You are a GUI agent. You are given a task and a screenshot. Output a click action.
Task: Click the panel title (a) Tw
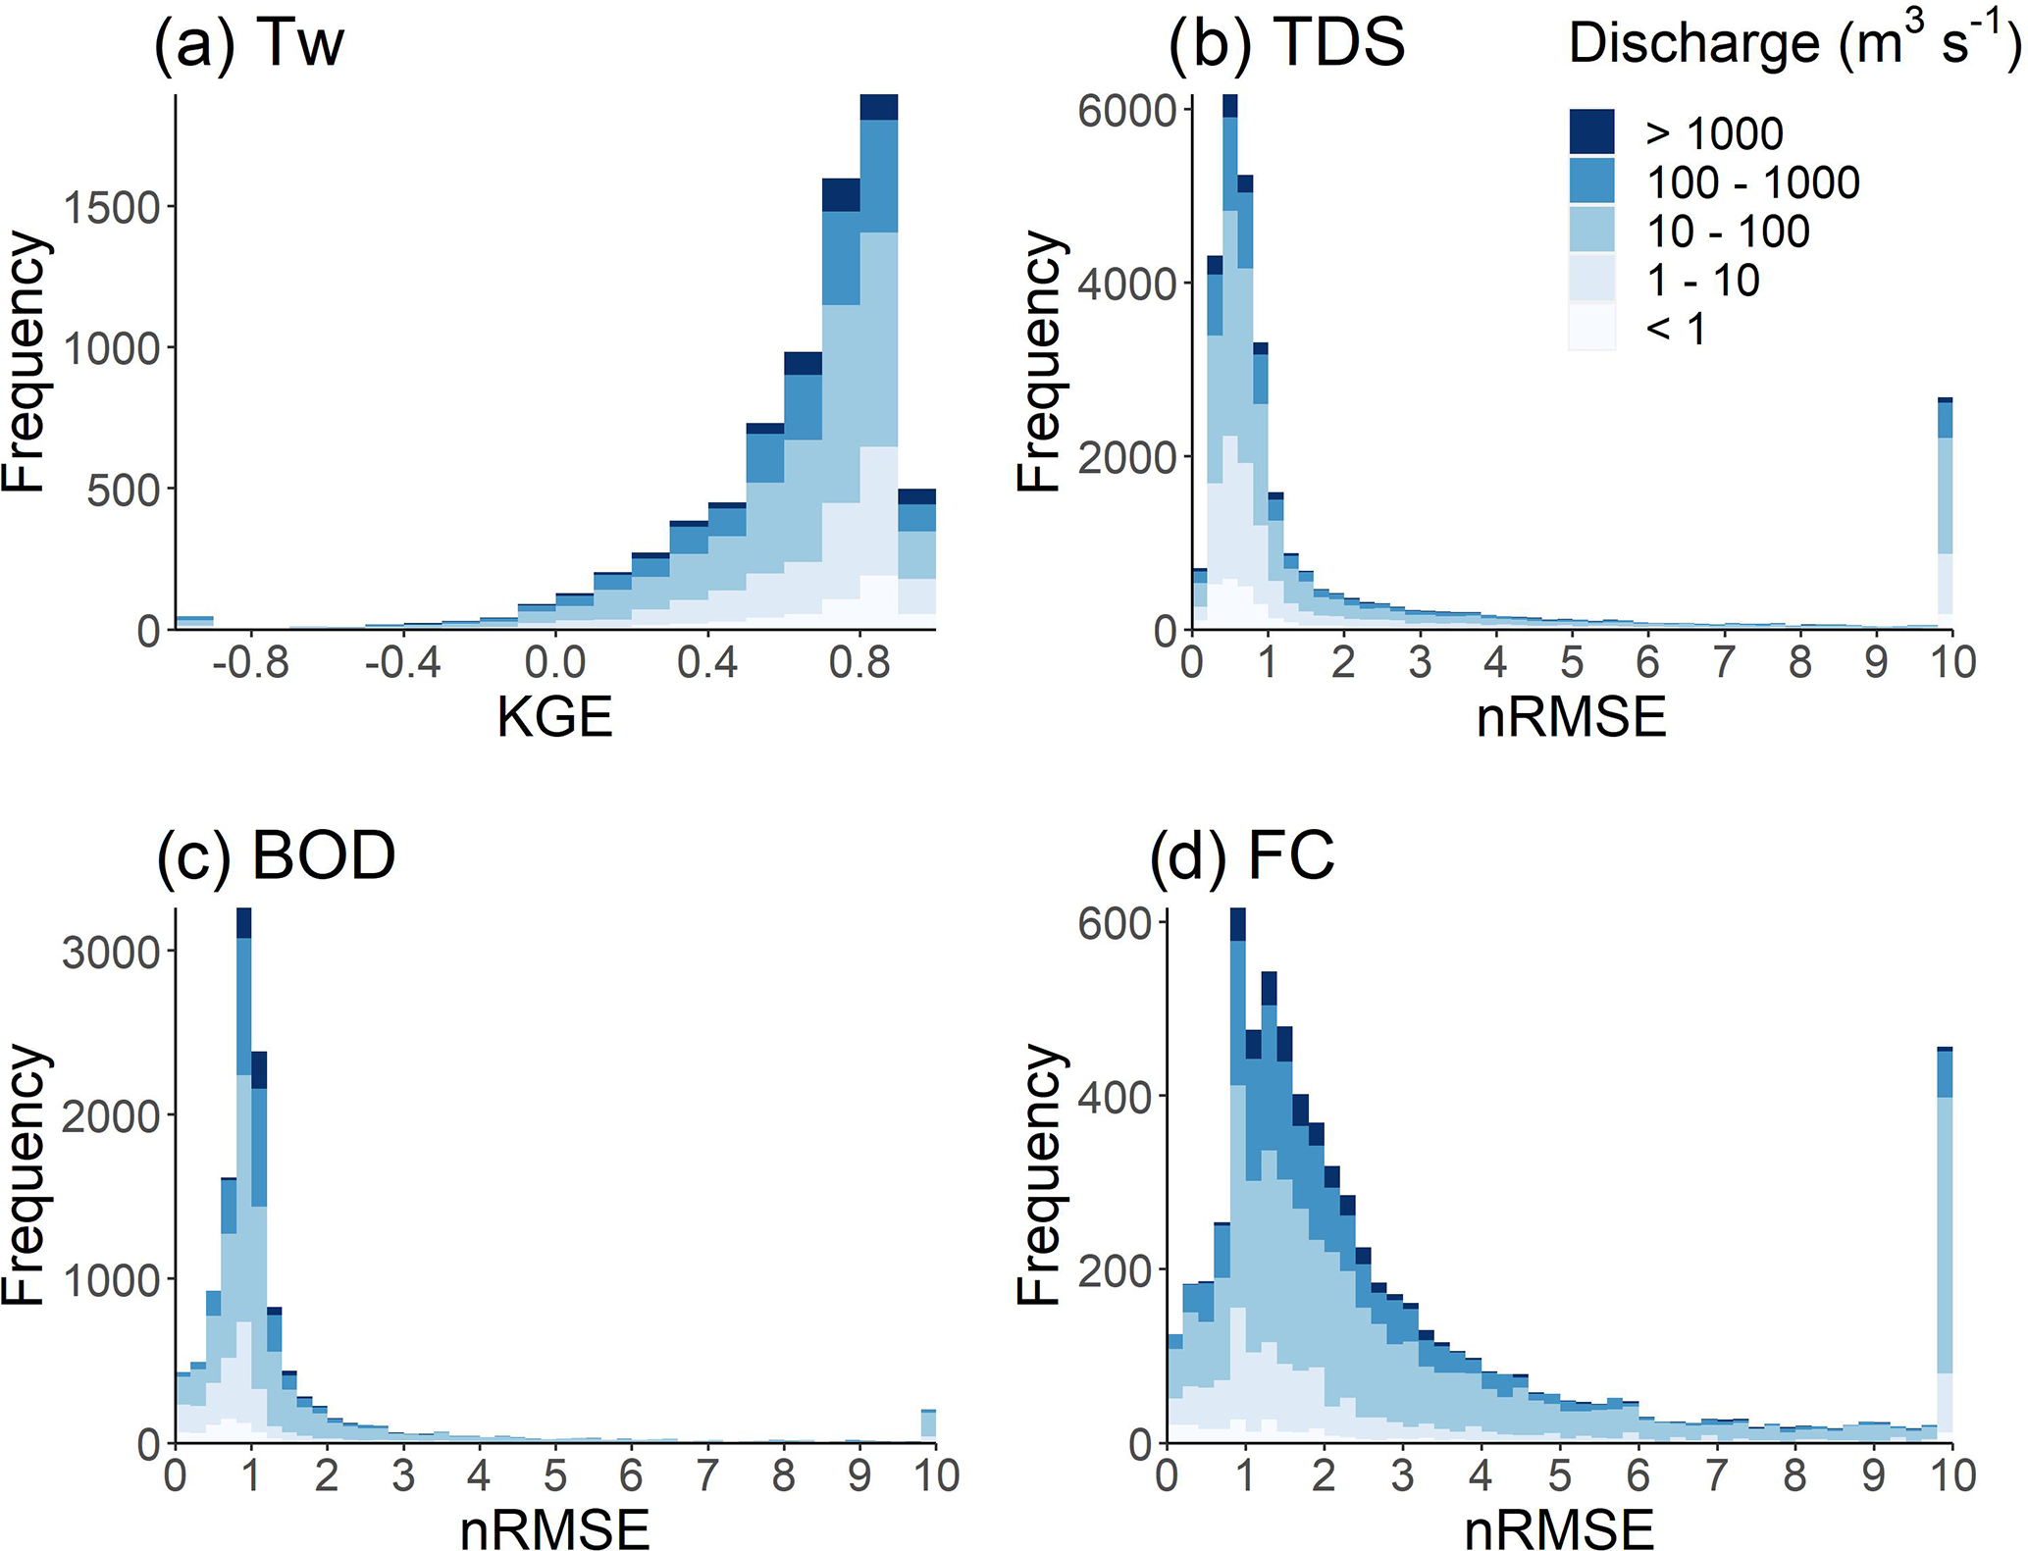click(249, 44)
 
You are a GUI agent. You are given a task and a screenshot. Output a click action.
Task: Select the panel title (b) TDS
click(1286, 44)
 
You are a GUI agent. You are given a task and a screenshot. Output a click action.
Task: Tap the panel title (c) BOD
click(276, 855)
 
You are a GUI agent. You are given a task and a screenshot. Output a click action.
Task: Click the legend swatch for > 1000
click(1591, 132)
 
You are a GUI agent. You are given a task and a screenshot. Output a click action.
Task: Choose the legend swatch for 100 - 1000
click(1591, 181)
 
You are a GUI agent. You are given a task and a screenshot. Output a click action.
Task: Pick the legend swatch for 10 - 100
click(1591, 231)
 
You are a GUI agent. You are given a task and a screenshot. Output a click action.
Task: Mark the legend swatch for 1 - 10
click(1591, 280)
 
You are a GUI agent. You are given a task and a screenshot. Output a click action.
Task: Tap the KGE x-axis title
click(554, 717)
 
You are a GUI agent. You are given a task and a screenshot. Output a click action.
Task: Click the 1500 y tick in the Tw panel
click(109, 208)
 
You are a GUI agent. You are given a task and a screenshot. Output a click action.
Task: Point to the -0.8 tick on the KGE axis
click(251, 664)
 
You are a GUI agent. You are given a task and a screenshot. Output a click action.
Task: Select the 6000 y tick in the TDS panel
click(1127, 111)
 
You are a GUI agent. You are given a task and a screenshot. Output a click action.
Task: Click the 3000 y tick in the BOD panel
click(111, 952)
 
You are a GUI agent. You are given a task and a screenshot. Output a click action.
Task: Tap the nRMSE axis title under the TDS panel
click(1571, 717)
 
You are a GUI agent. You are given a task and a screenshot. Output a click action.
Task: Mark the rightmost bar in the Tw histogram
click(917, 559)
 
